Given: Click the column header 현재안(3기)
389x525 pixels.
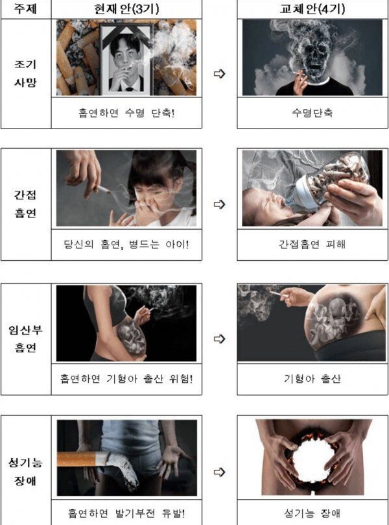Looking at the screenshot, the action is [x=126, y=8].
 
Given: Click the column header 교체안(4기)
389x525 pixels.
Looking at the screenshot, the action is [x=312, y=8].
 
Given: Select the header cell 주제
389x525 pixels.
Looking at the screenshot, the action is [x=25, y=8].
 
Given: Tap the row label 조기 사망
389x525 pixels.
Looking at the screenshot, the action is [x=25, y=73].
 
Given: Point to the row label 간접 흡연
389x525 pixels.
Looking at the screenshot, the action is [x=25, y=204].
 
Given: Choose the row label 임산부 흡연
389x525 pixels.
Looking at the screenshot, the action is [x=25, y=339].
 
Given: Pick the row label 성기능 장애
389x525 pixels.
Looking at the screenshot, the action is [x=25, y=472].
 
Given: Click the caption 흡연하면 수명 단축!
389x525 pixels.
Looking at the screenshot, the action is [x=126, y=113].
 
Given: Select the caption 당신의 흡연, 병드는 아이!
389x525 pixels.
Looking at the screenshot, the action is [x=126, y=244].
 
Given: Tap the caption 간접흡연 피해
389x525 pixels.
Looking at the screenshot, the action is [x=312, y=244].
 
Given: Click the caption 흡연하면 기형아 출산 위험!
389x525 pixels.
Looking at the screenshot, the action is [x=126, y=379].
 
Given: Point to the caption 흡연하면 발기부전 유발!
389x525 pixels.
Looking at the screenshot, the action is [x=126, y=513].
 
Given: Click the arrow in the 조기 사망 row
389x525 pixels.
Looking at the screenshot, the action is [x=219, y=74].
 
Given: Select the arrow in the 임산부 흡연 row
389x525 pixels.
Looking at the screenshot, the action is [x=219, y=339].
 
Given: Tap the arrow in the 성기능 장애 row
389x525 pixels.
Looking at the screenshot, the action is [x=219, y=472].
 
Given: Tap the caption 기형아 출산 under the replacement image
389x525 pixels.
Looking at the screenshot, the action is [x=312, y=379].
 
